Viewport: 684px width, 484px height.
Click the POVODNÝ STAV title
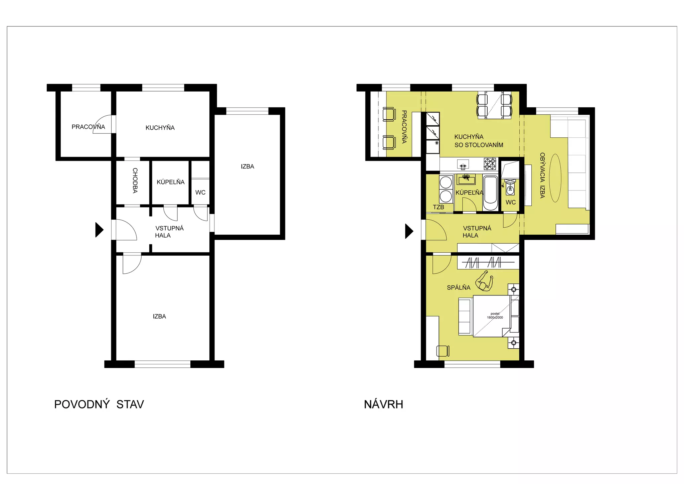pyautogui.click(x=99, y=404)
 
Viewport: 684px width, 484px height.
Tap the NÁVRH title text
pyautogui.click(x=383, y=404)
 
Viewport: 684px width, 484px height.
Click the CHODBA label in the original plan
pyautogui.click(x=135, y=180)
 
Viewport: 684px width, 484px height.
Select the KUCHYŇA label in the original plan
pyautogui.click(x=160, y=127)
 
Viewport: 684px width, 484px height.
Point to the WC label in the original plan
pyautogui.click(x=200, y=193)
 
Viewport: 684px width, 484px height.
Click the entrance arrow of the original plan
pyautogui.click(x=100, y=230)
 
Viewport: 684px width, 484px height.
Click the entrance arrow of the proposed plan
pyautogui.click(x=409, y=231)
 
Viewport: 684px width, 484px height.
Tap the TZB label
pyautogui.click(x=439, y=207)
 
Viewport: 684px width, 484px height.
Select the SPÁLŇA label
pyautogui.click(x=459, y=287)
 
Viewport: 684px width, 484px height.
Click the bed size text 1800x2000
pyautogui.click(x=495, y=318)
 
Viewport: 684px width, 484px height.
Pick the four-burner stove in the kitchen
pyautogui.click(x=490, y=164)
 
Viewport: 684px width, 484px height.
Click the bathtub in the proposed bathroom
pyautogui.click(x=490, y=193)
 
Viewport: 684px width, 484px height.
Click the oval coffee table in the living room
pyautogui.click(x=555, y=178)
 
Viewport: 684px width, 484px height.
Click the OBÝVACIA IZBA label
pyautogui.click(x=542, y=175)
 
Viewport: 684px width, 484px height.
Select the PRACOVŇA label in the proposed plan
pyautogui.click(x=404, y=127)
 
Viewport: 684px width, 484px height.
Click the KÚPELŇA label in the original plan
pyautogui.click(x=171, y=182)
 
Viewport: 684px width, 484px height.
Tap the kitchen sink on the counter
pyautogui.click(x=463, y=164)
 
